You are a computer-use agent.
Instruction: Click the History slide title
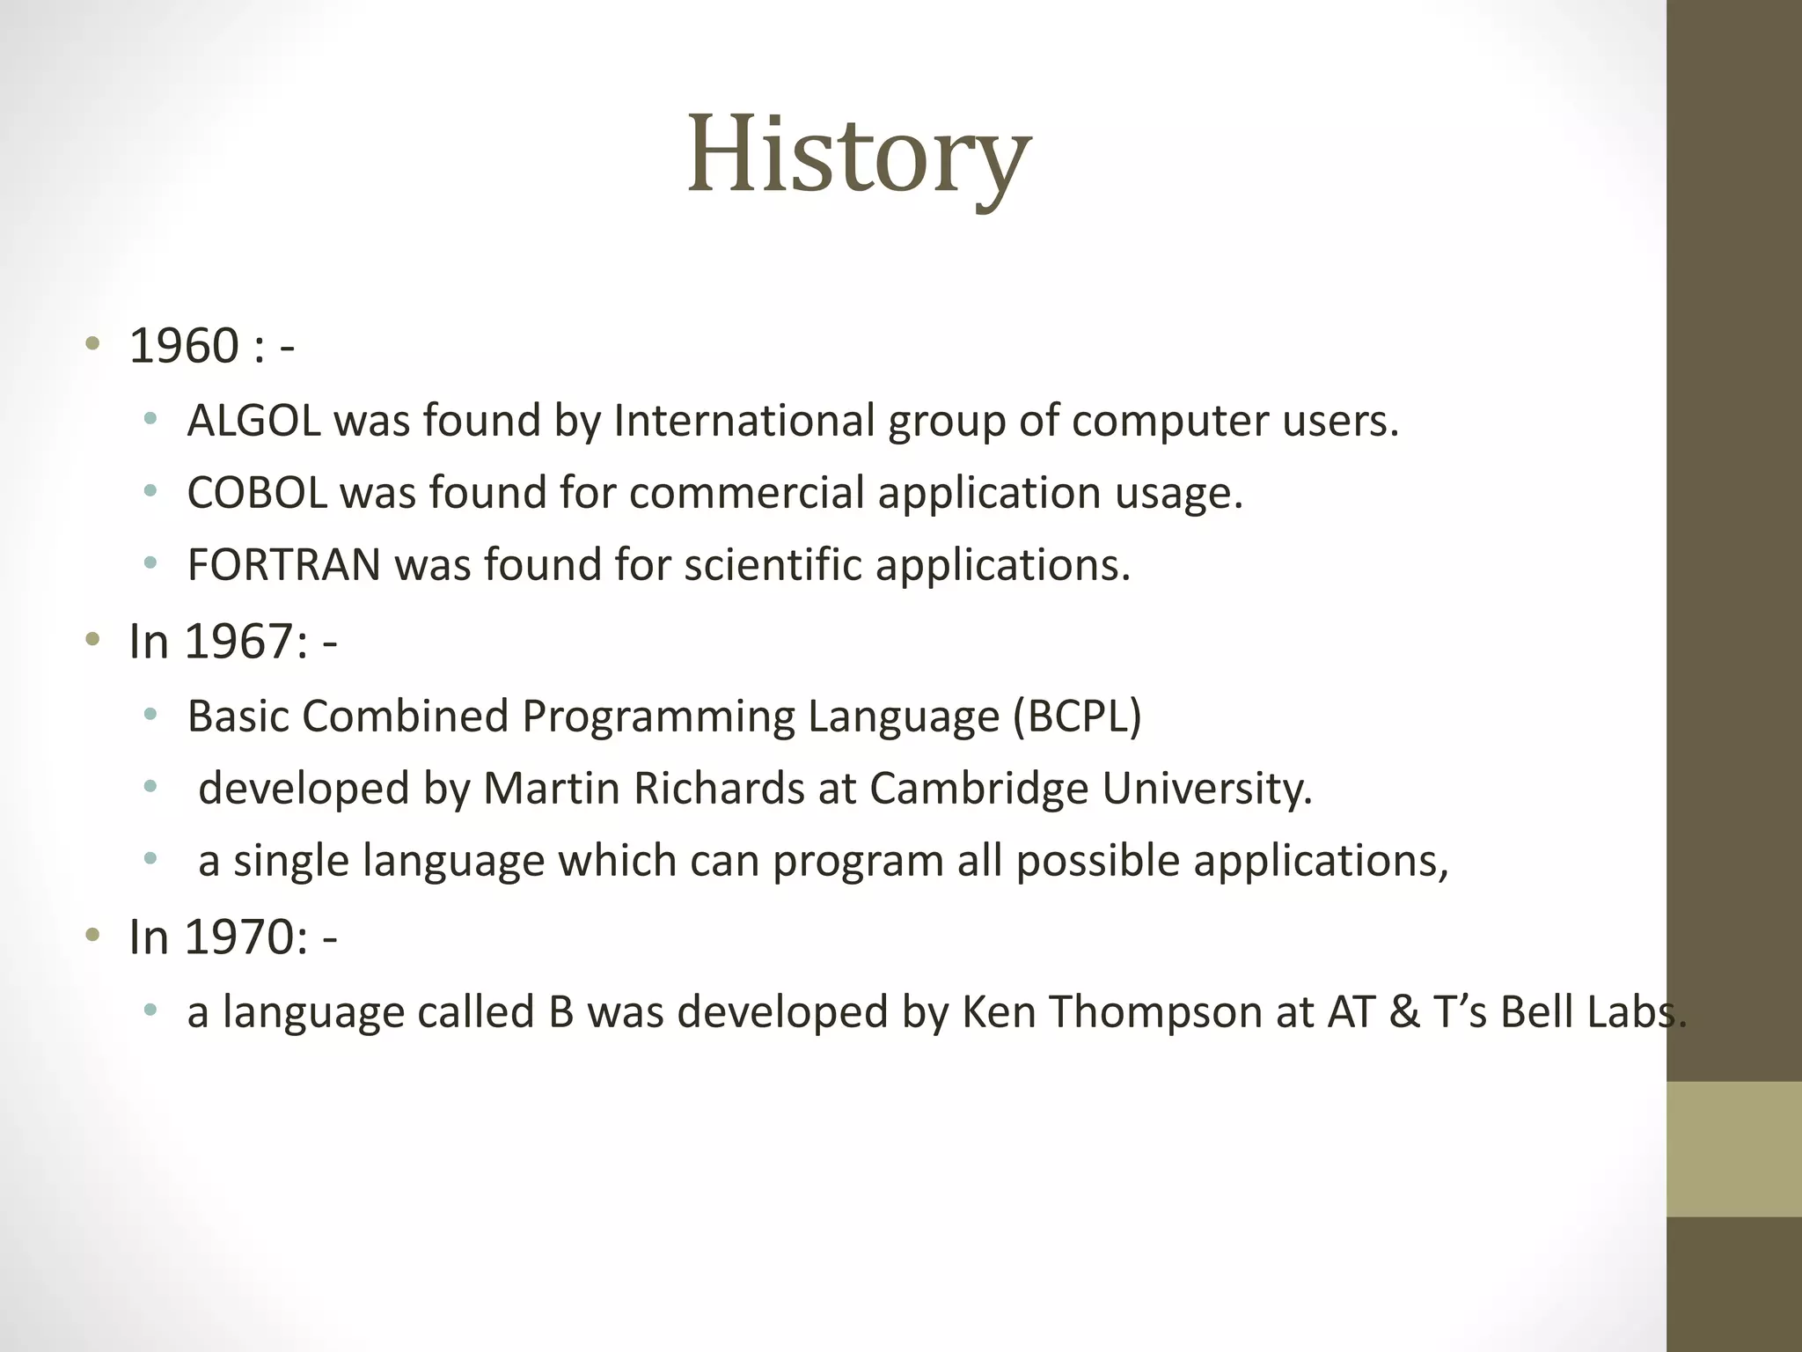pos(858,157)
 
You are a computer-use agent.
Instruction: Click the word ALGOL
pos(253,421)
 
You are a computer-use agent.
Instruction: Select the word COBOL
pos(256,493)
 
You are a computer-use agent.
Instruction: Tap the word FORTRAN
pos(283,565)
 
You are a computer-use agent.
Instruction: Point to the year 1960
pos(184,346)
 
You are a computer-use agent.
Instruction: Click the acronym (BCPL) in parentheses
pos(1077,716)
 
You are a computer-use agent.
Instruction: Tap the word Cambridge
pos(978,789)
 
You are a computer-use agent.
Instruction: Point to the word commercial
pos(746,493)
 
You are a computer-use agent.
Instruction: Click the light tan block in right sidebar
pos(1733,1149)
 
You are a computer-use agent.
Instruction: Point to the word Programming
pos(657,716)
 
